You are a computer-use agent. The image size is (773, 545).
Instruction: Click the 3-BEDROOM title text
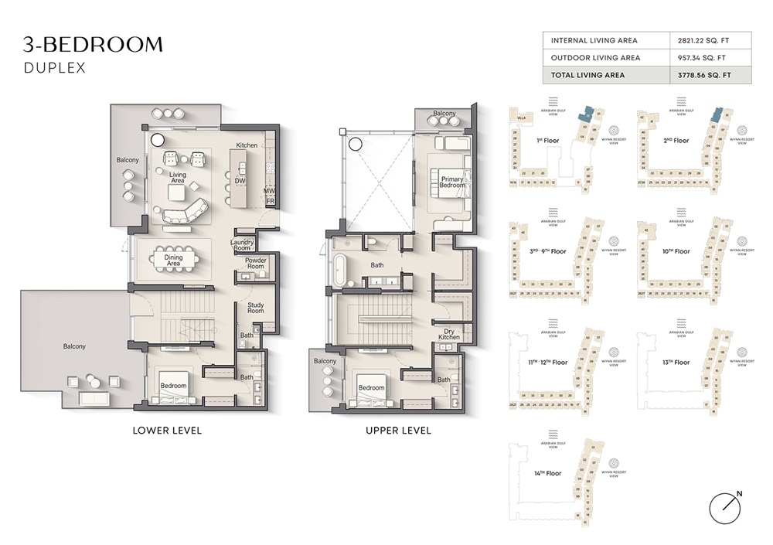coord(93,44)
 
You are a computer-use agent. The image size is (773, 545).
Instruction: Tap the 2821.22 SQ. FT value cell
coord(702,40)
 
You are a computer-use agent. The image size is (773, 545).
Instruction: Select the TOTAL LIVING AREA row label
coord(587,75)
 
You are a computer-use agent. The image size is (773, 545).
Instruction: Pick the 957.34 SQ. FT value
coord(703,58)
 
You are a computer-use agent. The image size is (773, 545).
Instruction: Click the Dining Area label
coord(174,261)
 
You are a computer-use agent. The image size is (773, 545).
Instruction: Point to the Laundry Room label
coord(242,245)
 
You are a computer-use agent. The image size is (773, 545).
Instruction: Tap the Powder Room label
coord(256,264)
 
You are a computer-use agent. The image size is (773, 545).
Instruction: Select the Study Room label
coord(256,308)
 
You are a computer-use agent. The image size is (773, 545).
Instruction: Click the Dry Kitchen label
coord(450,333)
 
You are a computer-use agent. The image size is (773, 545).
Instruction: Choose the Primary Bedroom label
coord(453,182)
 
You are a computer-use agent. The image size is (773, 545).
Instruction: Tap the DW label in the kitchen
coord(240,182)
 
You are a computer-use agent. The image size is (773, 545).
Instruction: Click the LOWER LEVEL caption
coord(167,431)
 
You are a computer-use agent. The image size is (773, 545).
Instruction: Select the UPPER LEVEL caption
coord(398,431)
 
